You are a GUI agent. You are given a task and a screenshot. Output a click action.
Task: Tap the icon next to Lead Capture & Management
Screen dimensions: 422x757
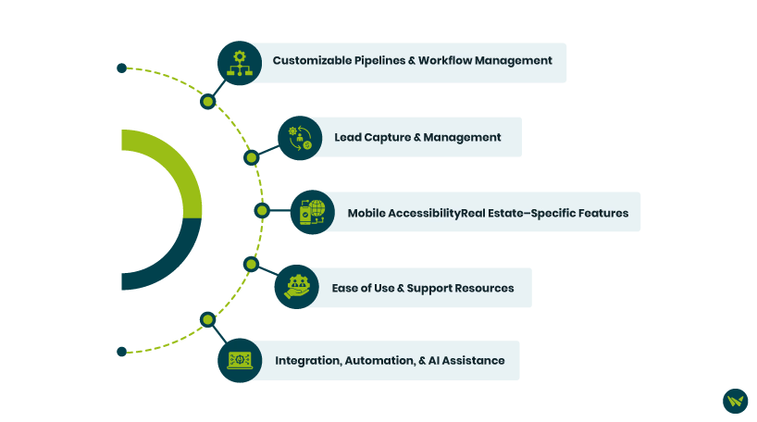300,138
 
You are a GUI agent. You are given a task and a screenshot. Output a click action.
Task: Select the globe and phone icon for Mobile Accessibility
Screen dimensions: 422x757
313,212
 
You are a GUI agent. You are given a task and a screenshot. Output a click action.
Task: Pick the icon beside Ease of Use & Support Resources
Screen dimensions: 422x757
297,288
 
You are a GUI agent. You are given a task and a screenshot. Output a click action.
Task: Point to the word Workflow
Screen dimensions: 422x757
448,61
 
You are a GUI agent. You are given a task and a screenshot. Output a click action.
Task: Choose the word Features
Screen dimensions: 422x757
600,213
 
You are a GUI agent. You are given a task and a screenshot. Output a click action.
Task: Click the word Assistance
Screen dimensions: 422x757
473,360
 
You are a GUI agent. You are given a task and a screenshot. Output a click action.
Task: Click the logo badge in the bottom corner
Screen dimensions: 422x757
735,401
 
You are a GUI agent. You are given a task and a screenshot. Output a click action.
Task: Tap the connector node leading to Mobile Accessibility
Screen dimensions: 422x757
262,211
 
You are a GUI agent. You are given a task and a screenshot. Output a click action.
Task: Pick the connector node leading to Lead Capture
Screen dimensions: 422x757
251,158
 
